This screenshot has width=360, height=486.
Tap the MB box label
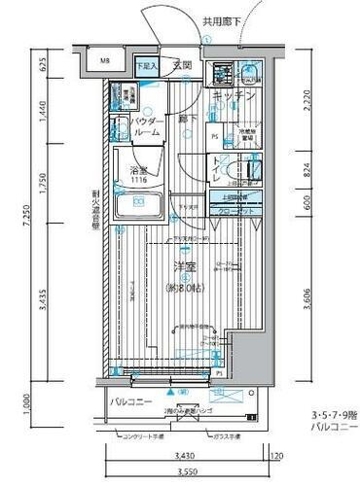click(x=106, y=67)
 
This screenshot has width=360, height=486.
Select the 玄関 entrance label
click(x=182, y=65)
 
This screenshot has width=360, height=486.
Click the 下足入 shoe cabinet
click(x=146, y=66)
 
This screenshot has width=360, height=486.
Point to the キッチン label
click(x=234, y=95)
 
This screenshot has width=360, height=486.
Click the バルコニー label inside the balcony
click(x=127, y=399)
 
